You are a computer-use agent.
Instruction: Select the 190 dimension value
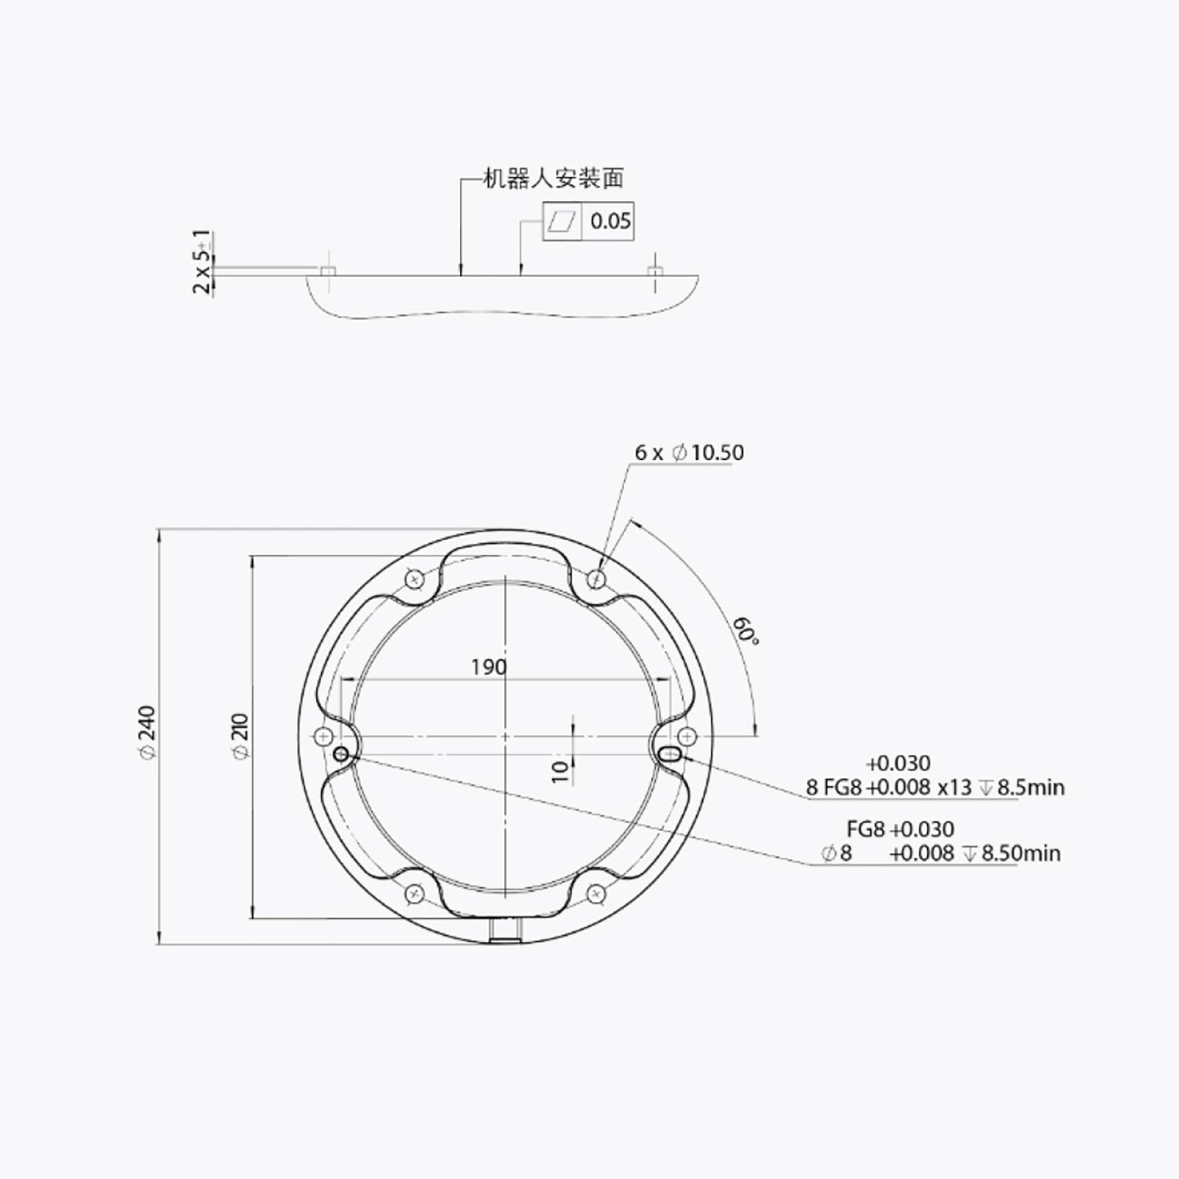click(489, 667)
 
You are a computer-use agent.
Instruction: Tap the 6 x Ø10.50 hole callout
click(689, 453)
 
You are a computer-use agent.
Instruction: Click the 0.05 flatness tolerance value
click(610, 221)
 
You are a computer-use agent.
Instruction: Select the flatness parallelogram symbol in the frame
click(562, 221)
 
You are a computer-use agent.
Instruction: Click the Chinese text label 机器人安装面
click(553, 178)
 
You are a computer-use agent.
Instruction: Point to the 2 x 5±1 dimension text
click(202, 262)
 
